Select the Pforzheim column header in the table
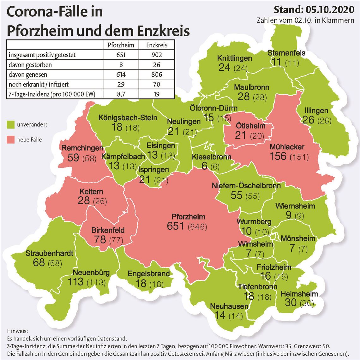121,45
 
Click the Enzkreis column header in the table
157,45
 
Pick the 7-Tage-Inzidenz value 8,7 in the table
121,94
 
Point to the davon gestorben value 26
157,65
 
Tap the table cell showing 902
157,55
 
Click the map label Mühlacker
287,147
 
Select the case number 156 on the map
278,156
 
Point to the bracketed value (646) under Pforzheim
197,227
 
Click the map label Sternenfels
286,53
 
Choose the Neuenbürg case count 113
76,282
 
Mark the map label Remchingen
82,148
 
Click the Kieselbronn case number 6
204,166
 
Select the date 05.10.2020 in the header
329,10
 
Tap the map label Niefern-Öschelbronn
246,185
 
